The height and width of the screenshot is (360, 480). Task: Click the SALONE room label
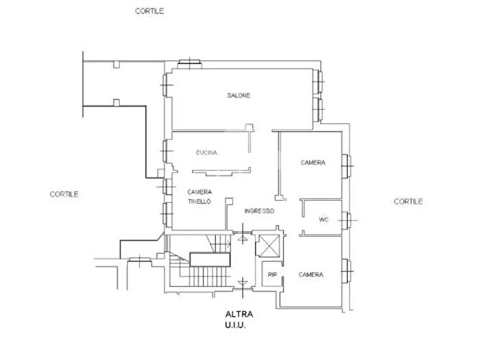[239, 95]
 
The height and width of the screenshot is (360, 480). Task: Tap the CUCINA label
[206, 152]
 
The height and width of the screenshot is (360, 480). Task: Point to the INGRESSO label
[259, 211]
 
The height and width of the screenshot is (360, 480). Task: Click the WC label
[324, 220]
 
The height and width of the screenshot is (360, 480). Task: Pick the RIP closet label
[272, 274]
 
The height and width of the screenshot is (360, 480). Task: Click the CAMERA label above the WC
[312, 163]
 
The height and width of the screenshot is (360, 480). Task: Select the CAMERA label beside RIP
[311, 274]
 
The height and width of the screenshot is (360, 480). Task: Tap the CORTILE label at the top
[149, 11]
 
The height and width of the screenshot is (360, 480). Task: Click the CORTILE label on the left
[64, 194]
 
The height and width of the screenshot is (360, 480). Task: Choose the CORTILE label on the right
[408, 201]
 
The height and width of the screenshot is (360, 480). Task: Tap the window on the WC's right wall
[348, 220]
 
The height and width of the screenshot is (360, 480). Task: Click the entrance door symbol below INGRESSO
[241, 239]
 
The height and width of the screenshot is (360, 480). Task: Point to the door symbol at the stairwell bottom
[241, 283]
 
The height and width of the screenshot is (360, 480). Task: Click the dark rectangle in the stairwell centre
[208, 259]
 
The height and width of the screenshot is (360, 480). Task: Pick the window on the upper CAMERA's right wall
[347, 163]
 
